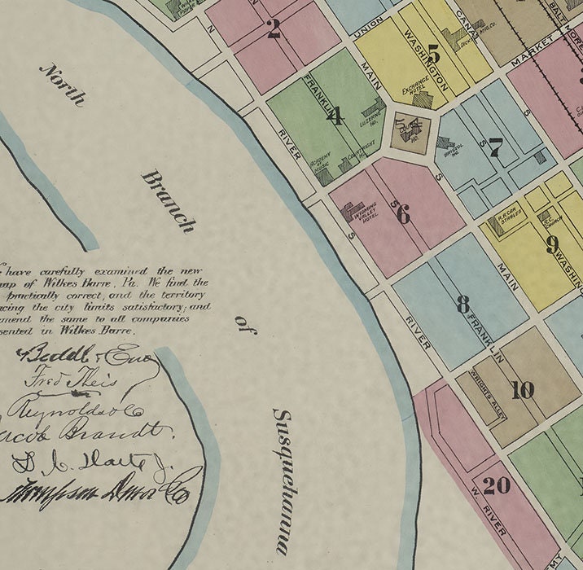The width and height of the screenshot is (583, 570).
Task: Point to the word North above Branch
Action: coord(62,85)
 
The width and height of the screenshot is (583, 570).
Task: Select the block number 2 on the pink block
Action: coord(274,31)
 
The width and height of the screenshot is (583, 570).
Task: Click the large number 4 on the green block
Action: coord(334,116)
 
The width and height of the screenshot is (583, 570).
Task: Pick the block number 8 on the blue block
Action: coord(462,305)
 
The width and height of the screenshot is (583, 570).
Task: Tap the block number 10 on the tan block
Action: coord(522,390)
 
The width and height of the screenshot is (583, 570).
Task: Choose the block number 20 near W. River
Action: coord(496,486)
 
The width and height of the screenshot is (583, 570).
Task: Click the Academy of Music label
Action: coord(319,162)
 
